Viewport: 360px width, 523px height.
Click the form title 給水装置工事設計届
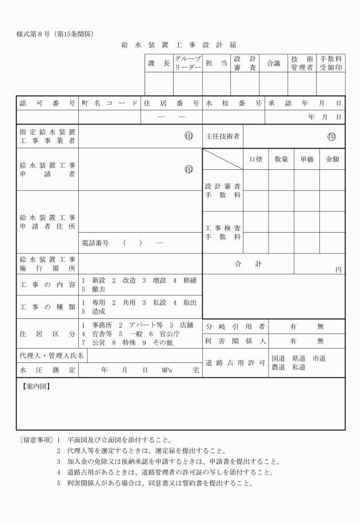click(x=179, y=45)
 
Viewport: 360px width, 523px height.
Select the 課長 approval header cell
click(x=158, y=63)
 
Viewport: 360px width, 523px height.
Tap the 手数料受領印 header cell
click(x=331, y=63)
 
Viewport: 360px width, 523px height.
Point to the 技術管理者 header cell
click(x=302, y=63)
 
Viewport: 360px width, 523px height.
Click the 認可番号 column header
click(x=47, y=103)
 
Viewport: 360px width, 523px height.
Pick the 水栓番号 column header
click(x=234, y=103)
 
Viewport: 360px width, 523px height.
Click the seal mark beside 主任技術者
click(x=331, y=137)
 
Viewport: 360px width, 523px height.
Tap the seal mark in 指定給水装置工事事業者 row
click(x=188, y=137)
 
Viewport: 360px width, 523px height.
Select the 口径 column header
click(x=256, y=159)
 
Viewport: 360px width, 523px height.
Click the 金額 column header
click(x=333, y=159)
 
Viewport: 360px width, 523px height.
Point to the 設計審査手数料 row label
click(x=223, y=191)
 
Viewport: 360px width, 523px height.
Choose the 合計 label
click(x=249, y=264)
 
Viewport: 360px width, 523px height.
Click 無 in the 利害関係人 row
click(x=320, y=341)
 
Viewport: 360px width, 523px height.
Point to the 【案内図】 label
click(x=35, y=386)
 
